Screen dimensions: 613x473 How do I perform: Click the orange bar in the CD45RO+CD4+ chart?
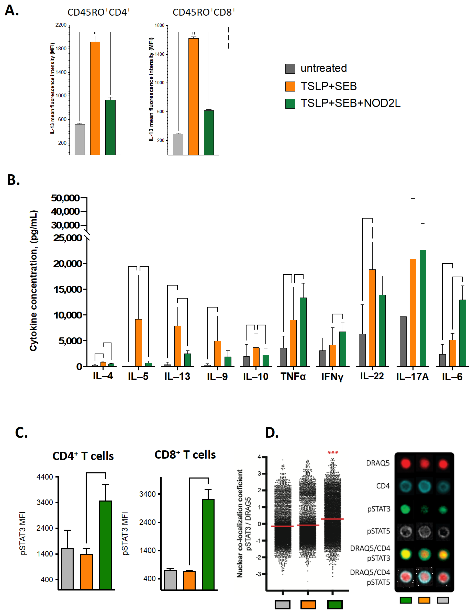click(95, 98)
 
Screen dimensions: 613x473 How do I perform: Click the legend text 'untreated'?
click(323, 68)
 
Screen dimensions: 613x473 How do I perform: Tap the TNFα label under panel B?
click(293, 376)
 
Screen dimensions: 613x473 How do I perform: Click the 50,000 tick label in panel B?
click(65, 198)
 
